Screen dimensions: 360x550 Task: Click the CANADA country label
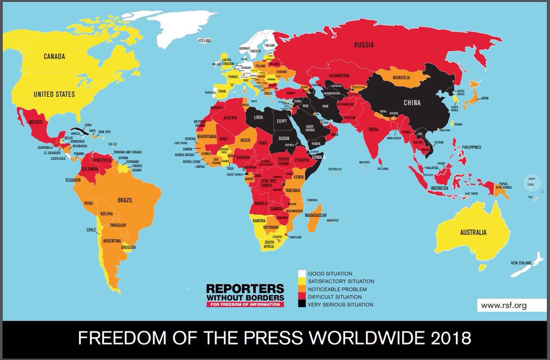pos(54,57)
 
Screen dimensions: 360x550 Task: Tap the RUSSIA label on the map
pos(363,45)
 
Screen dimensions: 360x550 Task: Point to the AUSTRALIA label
pos(473,232)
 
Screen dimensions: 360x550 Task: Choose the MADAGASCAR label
pos(315,215)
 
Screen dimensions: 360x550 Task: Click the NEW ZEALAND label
pos(521,263)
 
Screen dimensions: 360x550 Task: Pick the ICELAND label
pos(205,41)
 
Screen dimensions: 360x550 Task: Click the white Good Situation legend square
pos(302,273)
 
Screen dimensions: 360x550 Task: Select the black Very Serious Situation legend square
pos(302,304)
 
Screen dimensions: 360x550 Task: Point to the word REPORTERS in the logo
pos(245,289)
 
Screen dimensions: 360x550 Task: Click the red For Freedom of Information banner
pos(245,304)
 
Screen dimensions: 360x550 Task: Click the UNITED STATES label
pos(54,94)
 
